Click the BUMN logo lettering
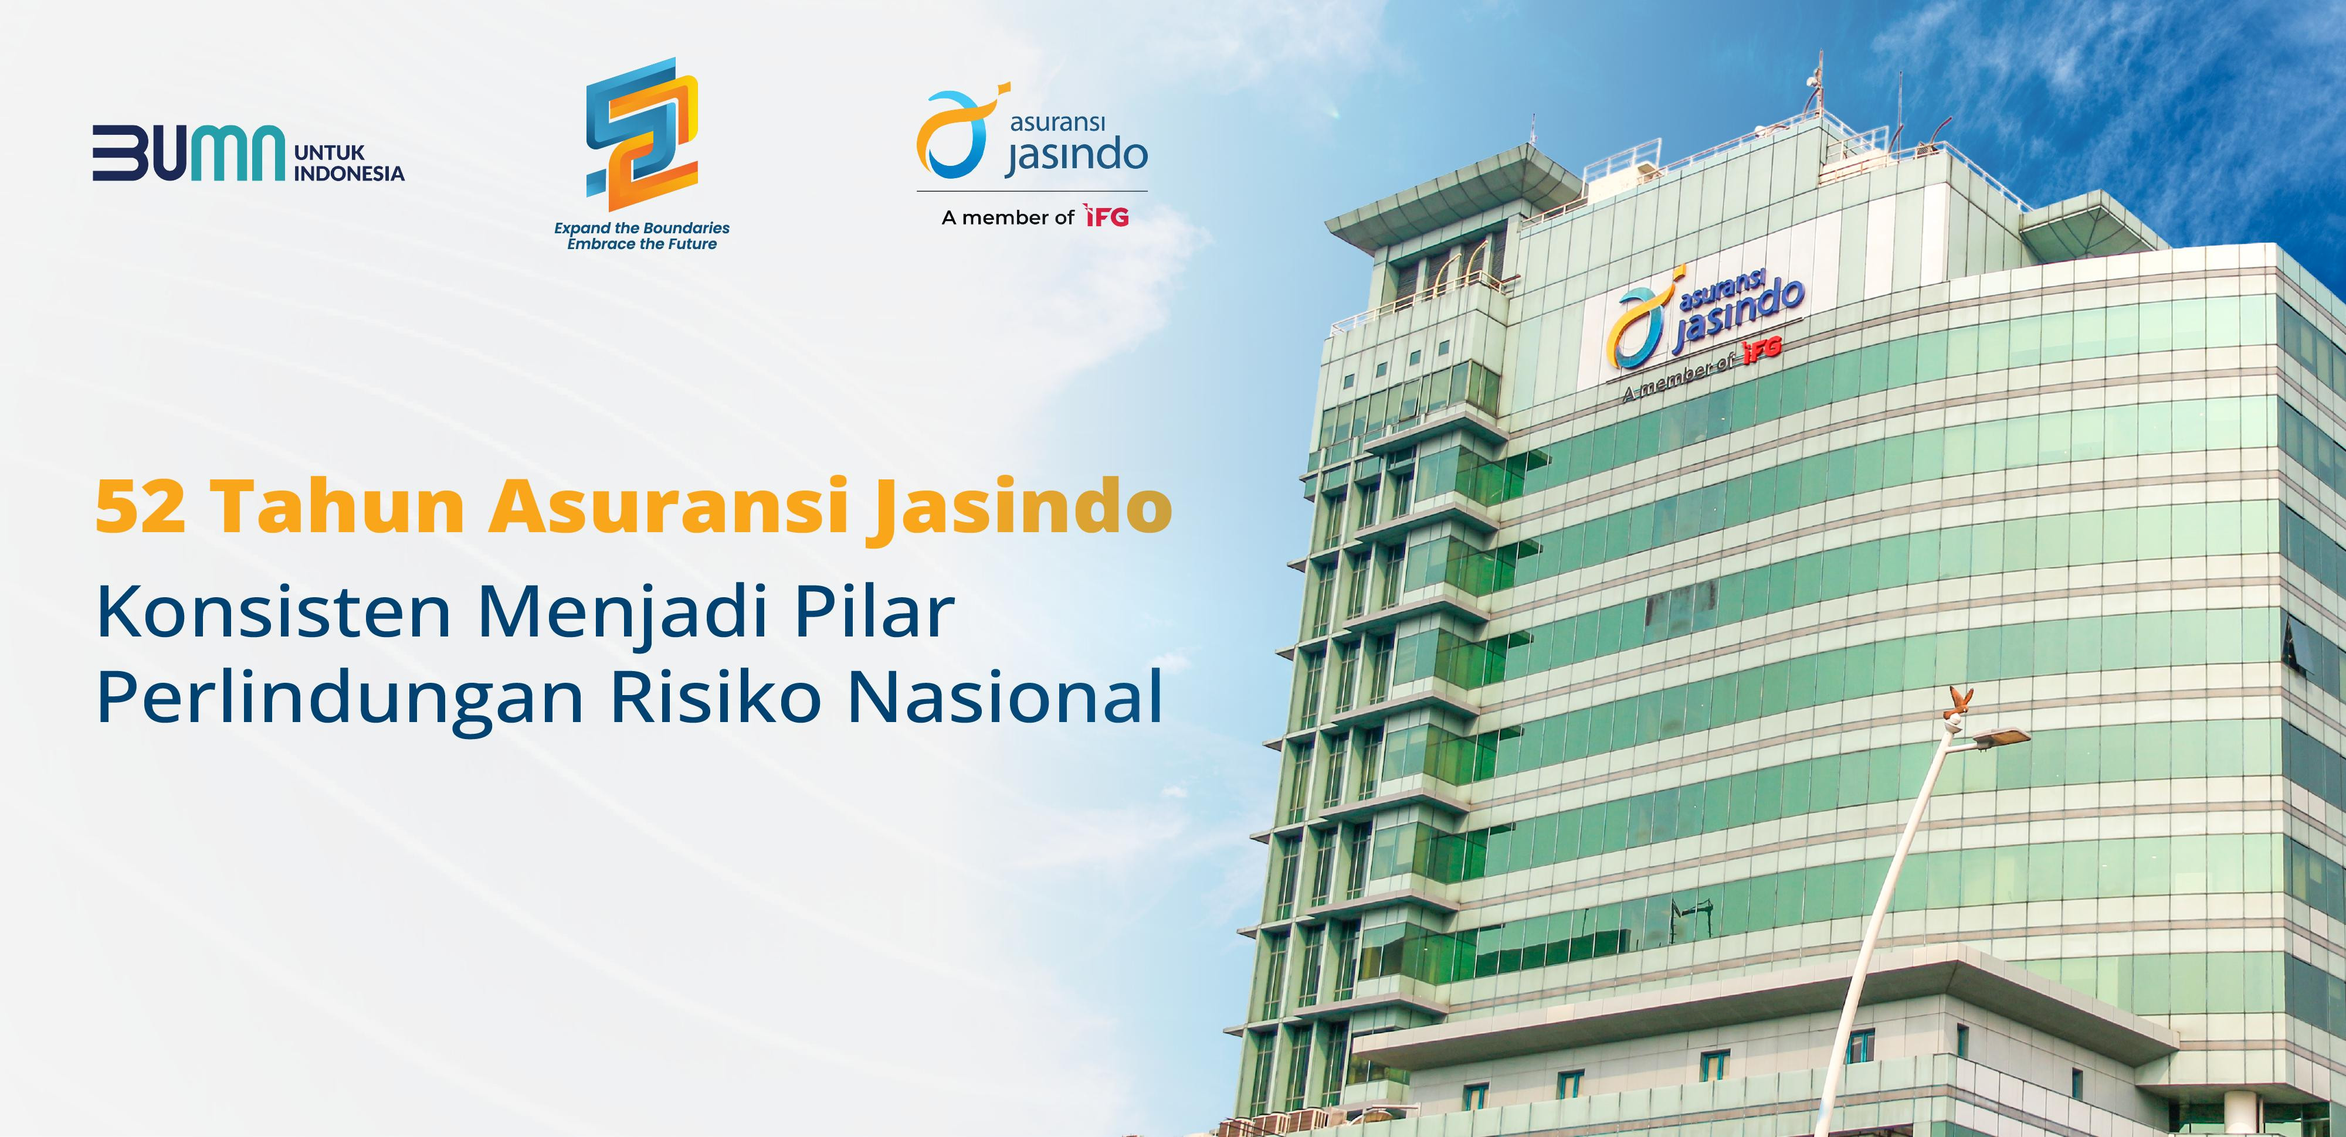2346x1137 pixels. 188,153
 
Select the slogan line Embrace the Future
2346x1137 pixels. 642,244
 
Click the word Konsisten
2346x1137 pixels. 274,612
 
